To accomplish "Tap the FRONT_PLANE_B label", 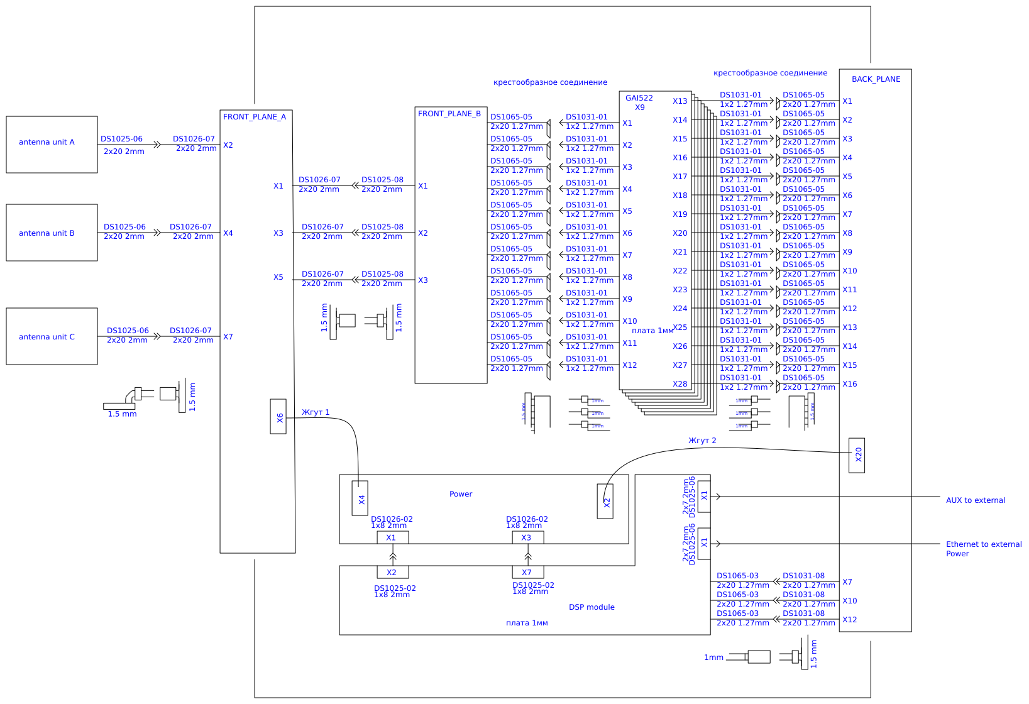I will [x=449, y=114].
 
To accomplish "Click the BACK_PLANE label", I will [x=876, y=79].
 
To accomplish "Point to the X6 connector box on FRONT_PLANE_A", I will [x=278, y=416].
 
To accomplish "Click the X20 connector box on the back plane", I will [x=857, y=455].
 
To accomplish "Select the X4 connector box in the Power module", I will [x=360, y=498].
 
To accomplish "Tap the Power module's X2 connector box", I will [x=605, y=502].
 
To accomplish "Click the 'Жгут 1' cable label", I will [x=316, y=412].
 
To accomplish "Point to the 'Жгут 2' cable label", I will [x=702, y=441].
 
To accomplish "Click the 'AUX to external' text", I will [x=975, y=500].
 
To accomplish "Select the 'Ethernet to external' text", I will [x=984, y=544].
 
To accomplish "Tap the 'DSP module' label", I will [x=592, y=607].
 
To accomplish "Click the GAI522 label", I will [x=639, y=98].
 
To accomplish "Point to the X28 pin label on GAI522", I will [x=680, y=384].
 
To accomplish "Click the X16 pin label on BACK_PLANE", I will [x=849, y=384].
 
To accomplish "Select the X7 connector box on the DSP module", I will [x=527, y=572].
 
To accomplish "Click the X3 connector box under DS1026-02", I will [x=527, y=537].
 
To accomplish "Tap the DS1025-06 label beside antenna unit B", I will [x=124, y=227].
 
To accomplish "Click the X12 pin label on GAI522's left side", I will [x=629, y=365].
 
